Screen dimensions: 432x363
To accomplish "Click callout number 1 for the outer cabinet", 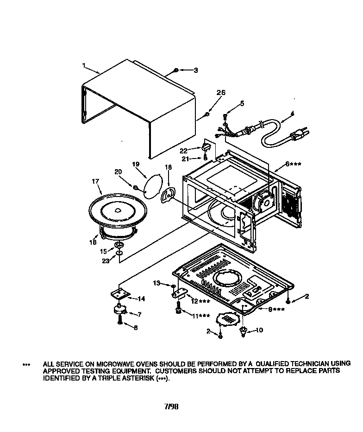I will (84, 66).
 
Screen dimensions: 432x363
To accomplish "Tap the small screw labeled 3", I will (176, 70).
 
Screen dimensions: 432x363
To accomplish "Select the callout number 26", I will (221, 93).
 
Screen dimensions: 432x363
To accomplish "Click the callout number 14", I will (141, 299).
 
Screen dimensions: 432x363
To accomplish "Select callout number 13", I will (156, 282).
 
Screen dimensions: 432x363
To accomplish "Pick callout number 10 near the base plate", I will (259, 330).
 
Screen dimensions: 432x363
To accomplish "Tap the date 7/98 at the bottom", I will (171, 407).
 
